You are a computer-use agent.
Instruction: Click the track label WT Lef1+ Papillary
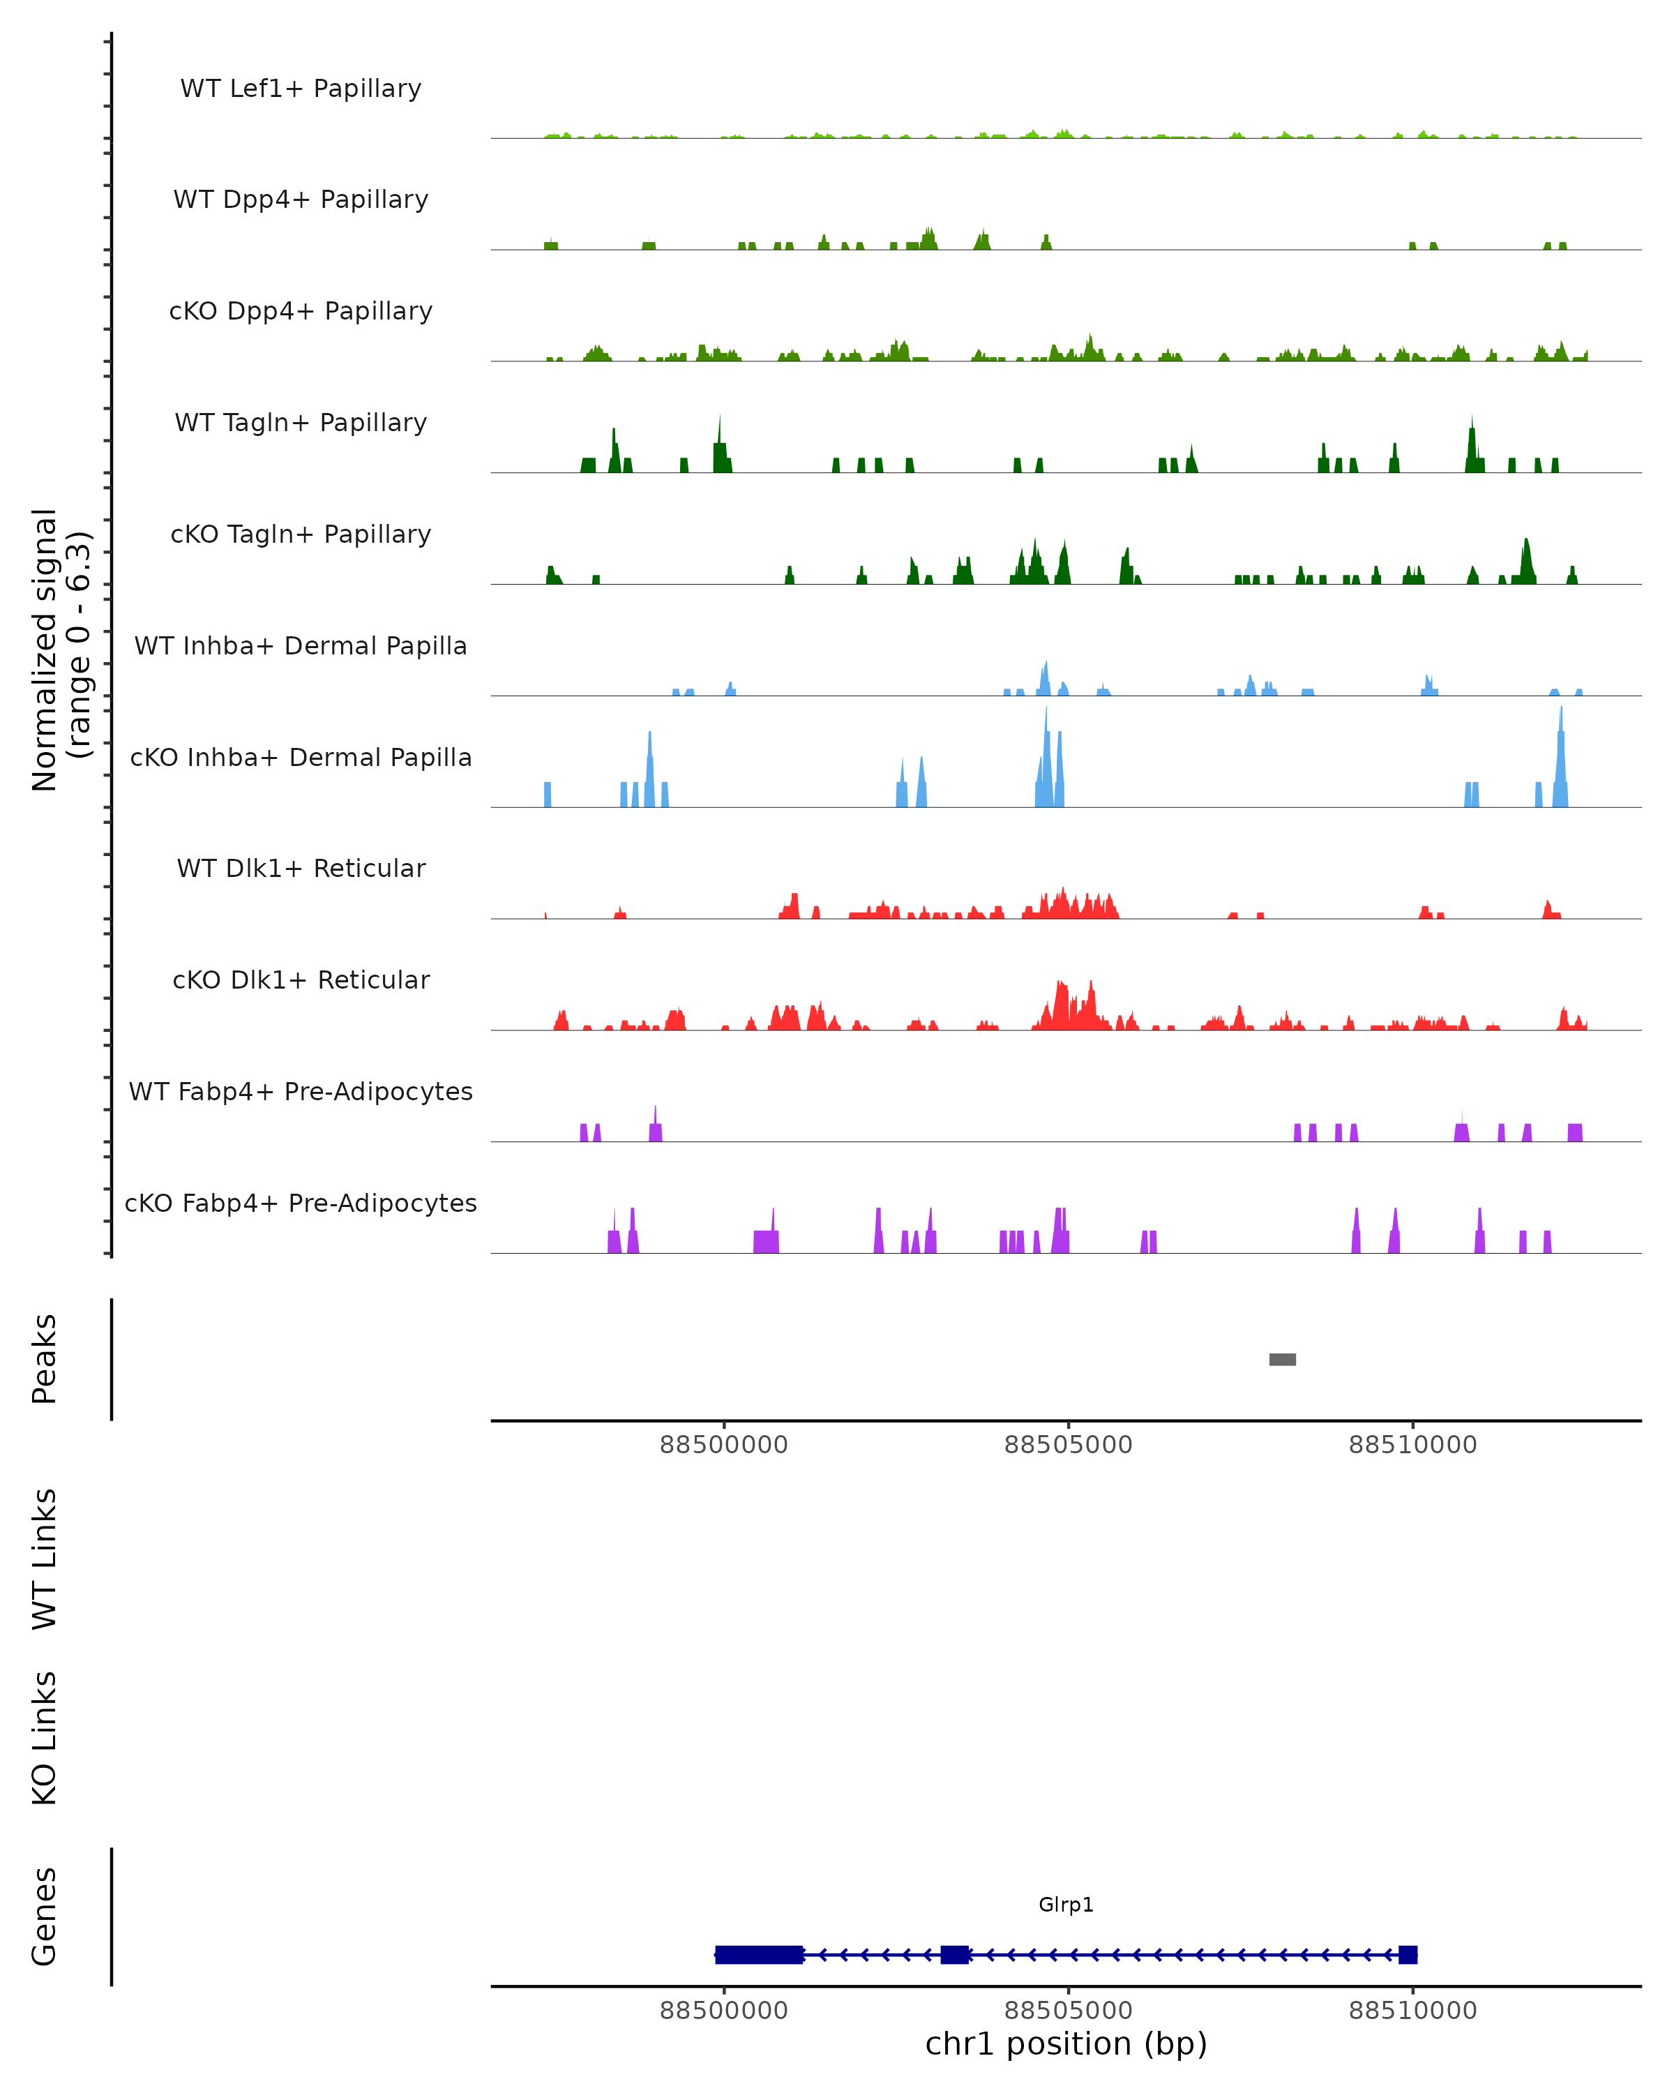(301, 89)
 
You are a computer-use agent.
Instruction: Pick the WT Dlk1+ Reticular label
(301, 868)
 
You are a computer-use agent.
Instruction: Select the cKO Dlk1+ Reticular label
(301, 980)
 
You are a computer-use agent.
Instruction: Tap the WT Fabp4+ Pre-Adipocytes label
(301, 1091)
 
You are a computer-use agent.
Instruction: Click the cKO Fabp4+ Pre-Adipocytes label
(301, 1203)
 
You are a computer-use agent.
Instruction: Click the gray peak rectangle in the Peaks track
(1282, 1359)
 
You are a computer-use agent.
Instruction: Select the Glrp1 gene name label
(1066, 1905)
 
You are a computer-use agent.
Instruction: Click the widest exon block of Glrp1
(759, 1954)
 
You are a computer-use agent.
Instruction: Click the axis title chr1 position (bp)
(1066, 2043)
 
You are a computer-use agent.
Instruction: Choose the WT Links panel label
(45, 1559)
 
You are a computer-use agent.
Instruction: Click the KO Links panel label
(45, 1739)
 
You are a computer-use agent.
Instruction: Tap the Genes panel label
(45, 1916)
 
